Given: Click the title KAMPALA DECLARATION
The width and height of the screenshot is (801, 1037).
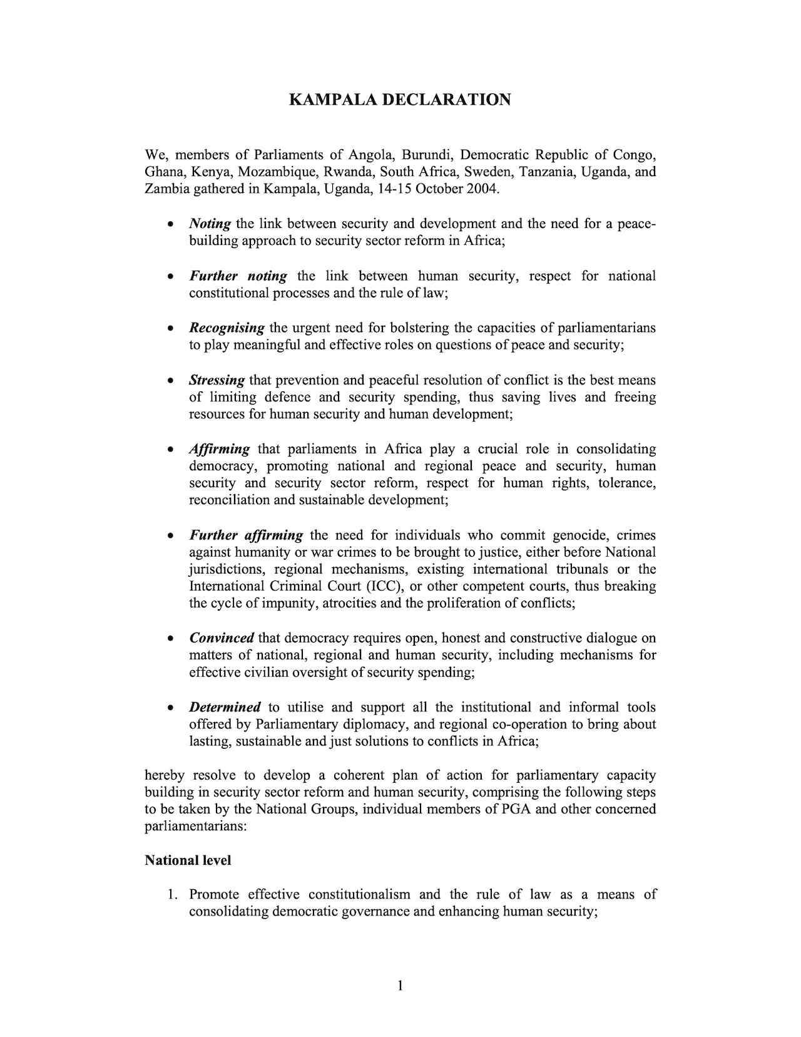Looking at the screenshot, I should pos(400,100).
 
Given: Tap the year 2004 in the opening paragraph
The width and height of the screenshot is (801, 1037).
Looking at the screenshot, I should pos(482,189).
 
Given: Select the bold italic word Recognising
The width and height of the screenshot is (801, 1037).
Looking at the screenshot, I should pos(227,328).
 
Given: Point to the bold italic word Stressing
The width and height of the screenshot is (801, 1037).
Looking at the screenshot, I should pos(217,380).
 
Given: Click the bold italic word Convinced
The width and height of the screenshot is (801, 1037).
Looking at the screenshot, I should pos(222,638).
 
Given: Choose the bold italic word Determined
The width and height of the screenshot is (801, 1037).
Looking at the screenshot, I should pos(225,707).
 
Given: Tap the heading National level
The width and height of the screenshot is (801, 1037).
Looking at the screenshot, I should pos(188,860).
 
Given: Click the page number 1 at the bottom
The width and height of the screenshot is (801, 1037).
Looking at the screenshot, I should pos(400,986).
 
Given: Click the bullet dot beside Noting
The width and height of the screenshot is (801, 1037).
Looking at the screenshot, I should pos(170,224).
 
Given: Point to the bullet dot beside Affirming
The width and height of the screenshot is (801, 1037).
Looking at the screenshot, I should pos(170,450).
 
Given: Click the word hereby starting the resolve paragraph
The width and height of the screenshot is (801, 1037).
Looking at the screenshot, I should pos(164,775).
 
